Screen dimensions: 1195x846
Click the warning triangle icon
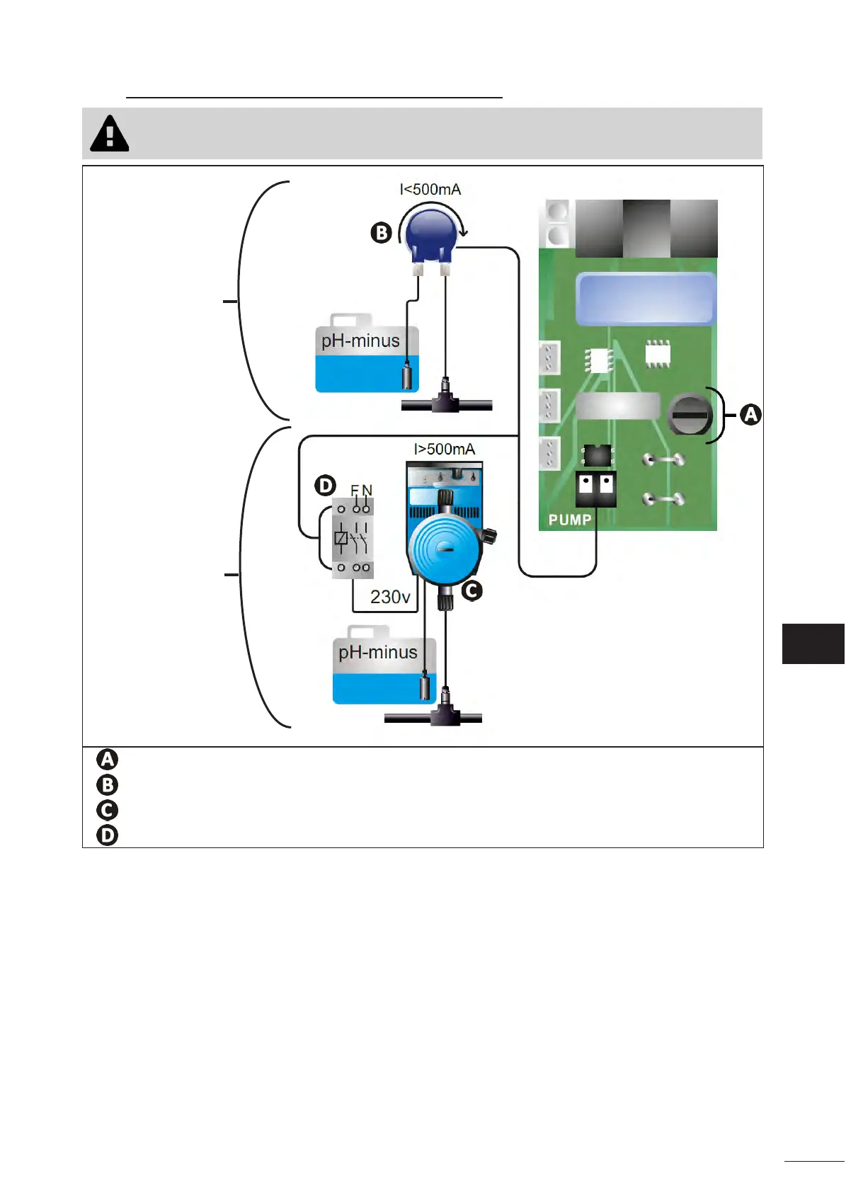(x=110, y=134)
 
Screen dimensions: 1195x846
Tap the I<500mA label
(x=430, y=190)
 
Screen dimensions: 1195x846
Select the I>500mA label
(x=444, y=449)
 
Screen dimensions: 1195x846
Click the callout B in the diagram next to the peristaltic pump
(x=381, y=233)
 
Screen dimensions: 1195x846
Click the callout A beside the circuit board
(x=750, y=415)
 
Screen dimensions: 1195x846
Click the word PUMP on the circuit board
(x=569, y=520)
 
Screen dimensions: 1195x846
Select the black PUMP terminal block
(x=596, y=489)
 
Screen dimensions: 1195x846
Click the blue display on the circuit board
(x=646, y=299)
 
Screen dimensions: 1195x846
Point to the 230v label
(x=390, y=597)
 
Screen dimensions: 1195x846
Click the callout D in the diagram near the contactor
(x=325, y=486)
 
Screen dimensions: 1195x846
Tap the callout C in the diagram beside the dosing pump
(x=472, y=591)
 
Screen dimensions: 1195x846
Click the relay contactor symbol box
(x=353, y=538)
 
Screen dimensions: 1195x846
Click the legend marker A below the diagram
(x=108, y=760)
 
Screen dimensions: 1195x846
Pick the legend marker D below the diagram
(x=108, y=835)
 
